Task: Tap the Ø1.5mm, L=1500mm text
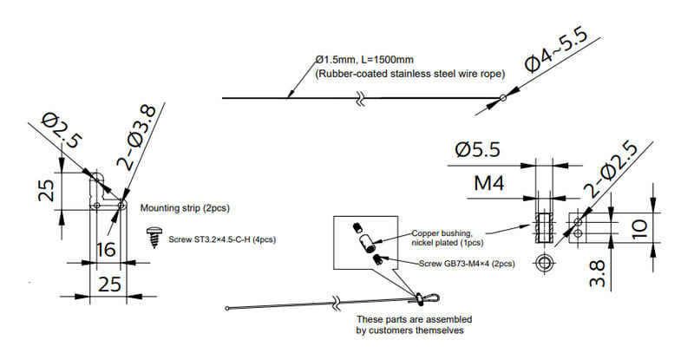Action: click(x=364, y=60)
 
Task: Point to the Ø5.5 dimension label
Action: click(x=476, y=151)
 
